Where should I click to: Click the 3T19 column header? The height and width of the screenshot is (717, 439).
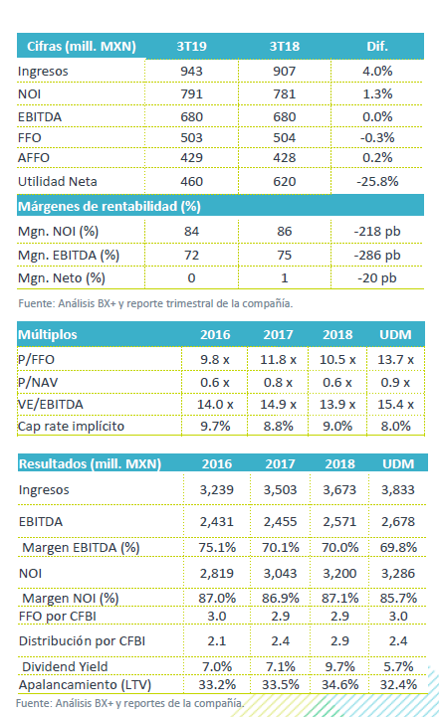pos(191,46)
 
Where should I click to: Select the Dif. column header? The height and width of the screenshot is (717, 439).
pos(377,46)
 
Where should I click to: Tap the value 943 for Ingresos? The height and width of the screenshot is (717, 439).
pos(191,72)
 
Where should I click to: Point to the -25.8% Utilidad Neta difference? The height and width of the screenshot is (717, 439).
pos(377,182)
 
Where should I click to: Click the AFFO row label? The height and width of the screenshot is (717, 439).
pos(34,158)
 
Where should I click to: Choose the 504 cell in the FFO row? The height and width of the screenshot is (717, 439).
pos(285,137)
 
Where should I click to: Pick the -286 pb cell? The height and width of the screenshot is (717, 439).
pos(377,256)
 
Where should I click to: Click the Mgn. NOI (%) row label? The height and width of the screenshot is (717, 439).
pos(58,232)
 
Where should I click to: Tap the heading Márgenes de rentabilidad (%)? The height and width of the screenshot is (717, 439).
pos(109,206)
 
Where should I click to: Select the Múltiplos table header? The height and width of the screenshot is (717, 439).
pos(48,335)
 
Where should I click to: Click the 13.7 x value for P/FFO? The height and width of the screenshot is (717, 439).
pos(395,360)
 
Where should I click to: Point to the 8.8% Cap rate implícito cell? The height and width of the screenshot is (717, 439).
pos(278,427)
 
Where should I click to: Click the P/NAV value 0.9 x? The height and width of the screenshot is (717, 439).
pos(395,382)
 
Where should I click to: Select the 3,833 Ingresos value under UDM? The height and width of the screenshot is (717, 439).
pos(398,489)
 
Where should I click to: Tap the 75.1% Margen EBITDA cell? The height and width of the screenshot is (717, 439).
pos(217,547)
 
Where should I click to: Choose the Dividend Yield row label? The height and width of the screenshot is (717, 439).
pos(65,666)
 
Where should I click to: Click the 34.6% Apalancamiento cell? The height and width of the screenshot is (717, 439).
pos(339,684)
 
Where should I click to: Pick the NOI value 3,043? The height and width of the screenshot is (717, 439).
pos(280,574)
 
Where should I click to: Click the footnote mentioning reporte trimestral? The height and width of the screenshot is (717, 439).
pos(155,303)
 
